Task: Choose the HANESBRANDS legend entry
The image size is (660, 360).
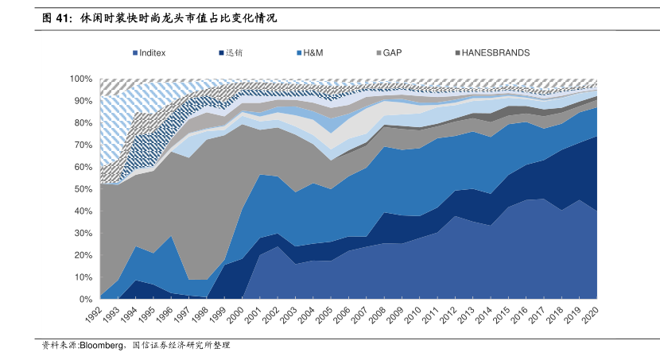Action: [x=495, y=53]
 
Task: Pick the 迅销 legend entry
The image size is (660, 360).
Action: [x=234, y=53]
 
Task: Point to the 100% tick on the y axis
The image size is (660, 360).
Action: [x=82, y=79]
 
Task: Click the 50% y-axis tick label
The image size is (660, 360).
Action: [x=84, y=189]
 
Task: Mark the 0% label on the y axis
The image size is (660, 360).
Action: [x=87, y=299]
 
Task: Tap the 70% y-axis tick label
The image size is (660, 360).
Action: [x=84, y=145]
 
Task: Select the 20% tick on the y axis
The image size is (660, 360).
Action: [x=84, y=255]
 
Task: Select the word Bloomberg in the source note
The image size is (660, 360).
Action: [x=99, y=346]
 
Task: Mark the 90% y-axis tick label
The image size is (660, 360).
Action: [x=84, y=101]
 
